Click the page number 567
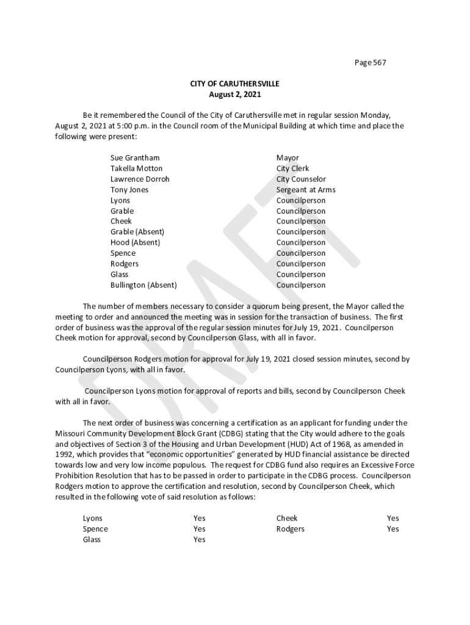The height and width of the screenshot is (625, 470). (x=379, y=63)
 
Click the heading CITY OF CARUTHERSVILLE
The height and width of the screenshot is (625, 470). (x=234, y=84)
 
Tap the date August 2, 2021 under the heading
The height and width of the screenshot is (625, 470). (x=234, y=95)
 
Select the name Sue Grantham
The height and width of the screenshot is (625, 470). (x=135, y=158)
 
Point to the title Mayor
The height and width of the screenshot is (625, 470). (x=287, y=158)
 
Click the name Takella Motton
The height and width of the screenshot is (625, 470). (x=136, y=168)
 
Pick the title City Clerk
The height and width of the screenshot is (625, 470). (x=292, y=168)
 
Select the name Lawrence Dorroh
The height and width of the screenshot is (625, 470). (x=140, y=179)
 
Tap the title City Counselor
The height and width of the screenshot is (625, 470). (x=301, y=179)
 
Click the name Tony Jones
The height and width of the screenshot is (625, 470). (x=129, y=190)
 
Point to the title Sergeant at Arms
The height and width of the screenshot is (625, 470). (x=306, y=190)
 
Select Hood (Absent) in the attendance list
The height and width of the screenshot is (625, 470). (x=136, y=243)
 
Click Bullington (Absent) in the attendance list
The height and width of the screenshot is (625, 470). (x=143, y=285)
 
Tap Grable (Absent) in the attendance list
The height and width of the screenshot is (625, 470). (x=137, y=232)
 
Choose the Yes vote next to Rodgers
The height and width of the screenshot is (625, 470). (x=392, y=529)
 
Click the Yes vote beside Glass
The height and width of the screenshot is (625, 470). (x=199, y=540)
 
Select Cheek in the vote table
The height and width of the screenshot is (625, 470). (x=286, y=519)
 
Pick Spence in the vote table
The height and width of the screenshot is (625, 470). (x=95, y=529)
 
